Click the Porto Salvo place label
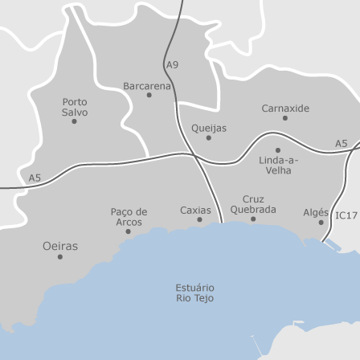(75, 108)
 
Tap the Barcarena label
(147, 85)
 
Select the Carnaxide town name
(284, 108)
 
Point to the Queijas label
(209, 128)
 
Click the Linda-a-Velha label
(278, 165)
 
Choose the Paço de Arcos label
(129, 217)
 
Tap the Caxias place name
(195, 210)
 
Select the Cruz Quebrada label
(253, 204)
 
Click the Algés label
(316, 212)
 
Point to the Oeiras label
(60, 247)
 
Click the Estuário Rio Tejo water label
(194, 292)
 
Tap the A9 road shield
(173, 64)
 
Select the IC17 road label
(346, 215)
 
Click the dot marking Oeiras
(60, 257)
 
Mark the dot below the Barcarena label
(149, 95)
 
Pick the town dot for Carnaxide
(284, 118)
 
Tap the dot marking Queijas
(209, 137)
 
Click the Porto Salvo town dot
(75, 121)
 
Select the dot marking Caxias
(199, 219)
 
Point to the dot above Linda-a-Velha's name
(278, 149)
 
